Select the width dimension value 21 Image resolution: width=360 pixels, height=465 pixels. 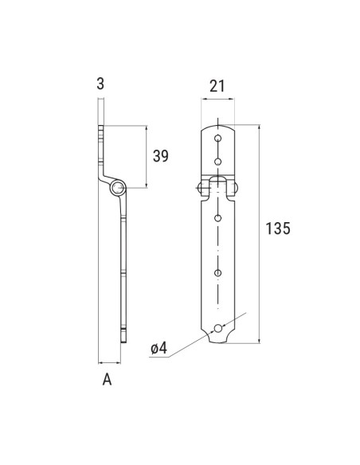pyautogui.click(x=218, y=85)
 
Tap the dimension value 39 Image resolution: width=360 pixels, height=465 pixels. pyautogui.click(x=160, y=156)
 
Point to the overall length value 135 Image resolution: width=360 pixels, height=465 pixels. pyautogui.click(x=276, y=229)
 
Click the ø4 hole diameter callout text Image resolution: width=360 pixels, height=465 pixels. pyautogui.click(x=158, y=348)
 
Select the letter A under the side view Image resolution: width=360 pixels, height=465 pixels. pyautogui.click(x=106, y=381)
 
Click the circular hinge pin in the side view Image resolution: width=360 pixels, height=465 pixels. pyautogui.click(x=117, y=188)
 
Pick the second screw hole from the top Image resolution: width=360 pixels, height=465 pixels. pyautogui.click(x=218, y=160)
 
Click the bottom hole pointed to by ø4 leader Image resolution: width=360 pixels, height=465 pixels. pyautogui.click(x=218, y=326)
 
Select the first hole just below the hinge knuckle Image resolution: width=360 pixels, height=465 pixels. pyautogui.click(x=218, y=217)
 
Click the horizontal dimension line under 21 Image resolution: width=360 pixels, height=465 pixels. pyautogui.click(x=218, y=100)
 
